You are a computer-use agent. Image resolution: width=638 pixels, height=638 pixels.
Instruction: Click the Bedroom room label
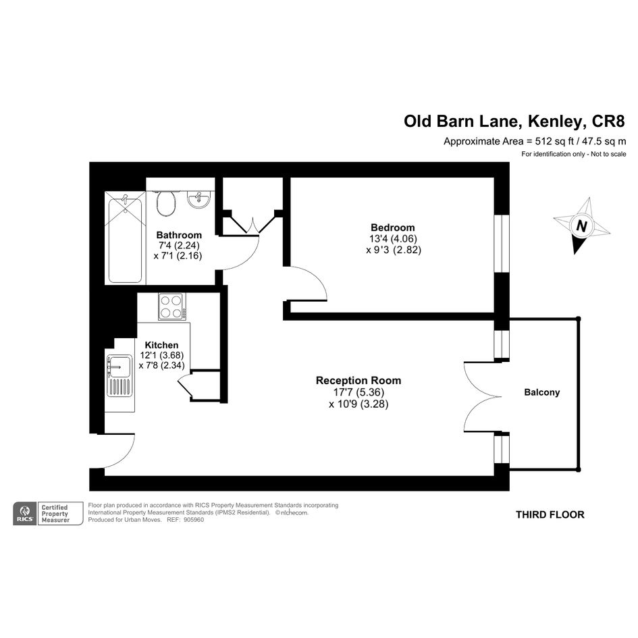click(393, 228)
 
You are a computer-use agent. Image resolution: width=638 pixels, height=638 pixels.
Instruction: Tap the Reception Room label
click(358, 381)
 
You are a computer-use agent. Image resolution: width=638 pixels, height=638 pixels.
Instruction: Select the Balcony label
click(542, 392)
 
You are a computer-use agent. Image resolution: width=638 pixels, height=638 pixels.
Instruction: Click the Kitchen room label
click(161, 345)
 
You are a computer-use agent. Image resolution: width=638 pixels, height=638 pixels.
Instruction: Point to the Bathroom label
click(179, 235)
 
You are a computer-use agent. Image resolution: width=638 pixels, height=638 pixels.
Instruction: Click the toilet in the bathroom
click(165, 203)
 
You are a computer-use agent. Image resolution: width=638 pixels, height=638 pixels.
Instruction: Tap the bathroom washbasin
click(199, 199)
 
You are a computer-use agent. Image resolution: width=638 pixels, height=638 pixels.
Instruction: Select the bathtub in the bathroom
click(126, 238)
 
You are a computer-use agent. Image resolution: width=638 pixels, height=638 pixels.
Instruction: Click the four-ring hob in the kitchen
click(172, 307)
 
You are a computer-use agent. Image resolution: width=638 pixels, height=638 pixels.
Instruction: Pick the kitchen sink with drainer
click(120, 376)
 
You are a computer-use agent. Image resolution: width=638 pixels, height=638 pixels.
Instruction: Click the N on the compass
click(582, 225)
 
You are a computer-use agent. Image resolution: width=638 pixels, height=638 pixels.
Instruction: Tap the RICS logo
click(25, 514)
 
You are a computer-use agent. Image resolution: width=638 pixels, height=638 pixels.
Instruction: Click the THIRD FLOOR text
click(550, 514)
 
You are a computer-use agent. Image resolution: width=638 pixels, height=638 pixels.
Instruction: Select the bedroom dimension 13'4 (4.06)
click(393, 238)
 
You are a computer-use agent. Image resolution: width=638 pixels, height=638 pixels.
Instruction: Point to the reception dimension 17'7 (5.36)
click(358, 392)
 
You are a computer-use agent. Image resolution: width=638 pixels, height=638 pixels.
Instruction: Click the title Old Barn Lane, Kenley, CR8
click(514, 122)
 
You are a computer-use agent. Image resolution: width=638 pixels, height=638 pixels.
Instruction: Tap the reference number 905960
click(194, 520)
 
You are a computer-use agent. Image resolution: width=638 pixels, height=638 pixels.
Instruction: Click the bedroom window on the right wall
click(502, 243)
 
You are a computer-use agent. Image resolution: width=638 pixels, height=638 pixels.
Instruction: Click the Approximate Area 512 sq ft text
click(508, 142)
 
